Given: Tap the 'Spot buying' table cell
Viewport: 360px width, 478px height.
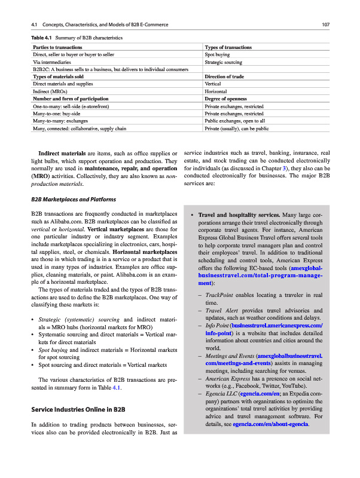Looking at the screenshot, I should [217, 54].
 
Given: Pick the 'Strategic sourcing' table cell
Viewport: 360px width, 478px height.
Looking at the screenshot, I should [222, 62].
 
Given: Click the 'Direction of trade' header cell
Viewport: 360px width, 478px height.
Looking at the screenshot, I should [224, 76].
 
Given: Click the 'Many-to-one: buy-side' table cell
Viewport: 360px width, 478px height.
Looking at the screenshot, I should [57, 114].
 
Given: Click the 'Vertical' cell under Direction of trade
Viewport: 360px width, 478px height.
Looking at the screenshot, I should [213, 84].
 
